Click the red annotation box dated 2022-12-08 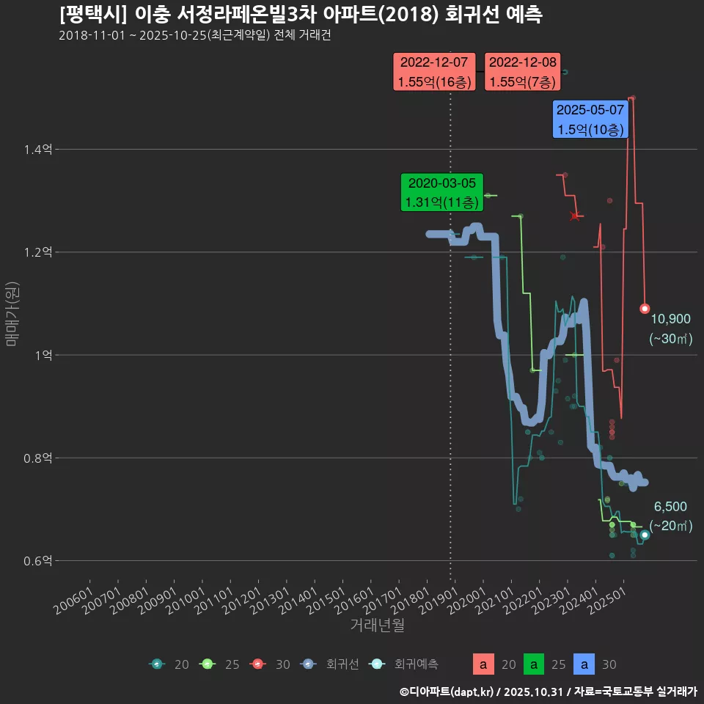pos(522,73)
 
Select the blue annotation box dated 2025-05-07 pos(590,120)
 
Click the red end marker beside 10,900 pos(645,309)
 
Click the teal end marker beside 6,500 pos(645,535)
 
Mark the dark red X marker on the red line pos(575,216)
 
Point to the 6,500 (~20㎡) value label pos(670,516)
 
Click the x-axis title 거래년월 pos(377,625)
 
